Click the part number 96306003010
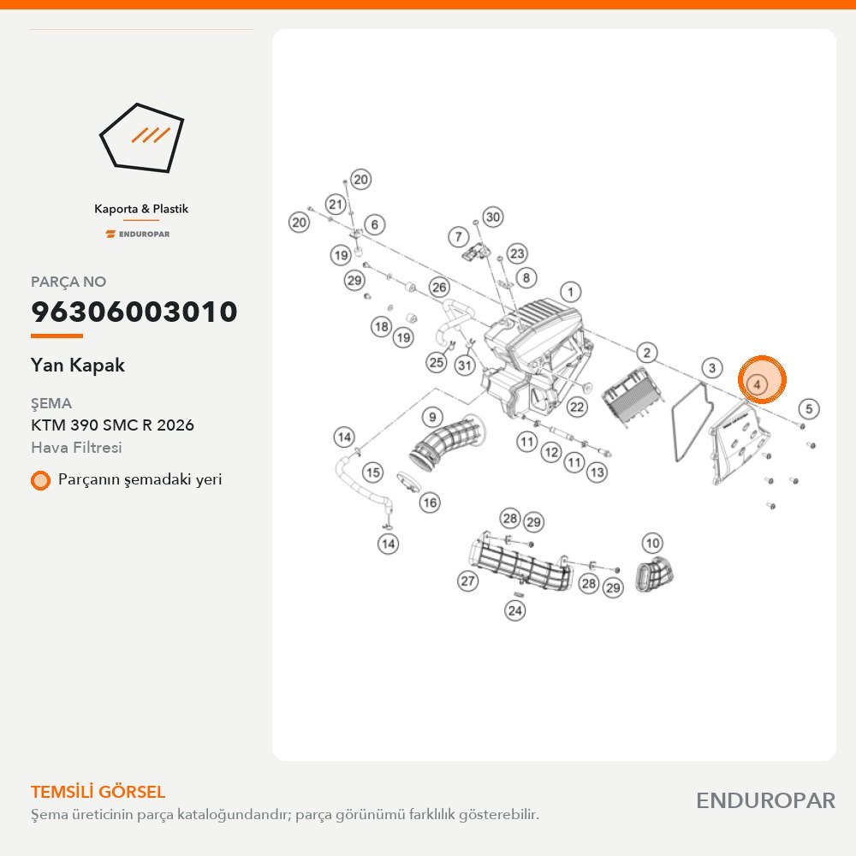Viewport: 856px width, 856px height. coord(134,312)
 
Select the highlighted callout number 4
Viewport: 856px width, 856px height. coord(758,384)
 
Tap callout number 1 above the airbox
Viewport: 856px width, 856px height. coord(570,292)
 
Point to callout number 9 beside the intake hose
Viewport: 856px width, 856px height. coord(432,418)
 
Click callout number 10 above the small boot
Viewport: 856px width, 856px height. coord(653,544)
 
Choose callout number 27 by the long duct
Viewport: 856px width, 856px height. coord(468,581)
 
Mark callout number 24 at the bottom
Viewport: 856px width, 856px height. coord(514,610)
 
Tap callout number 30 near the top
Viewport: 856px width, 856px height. coord(492,217)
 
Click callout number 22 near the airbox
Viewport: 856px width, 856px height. coord(577,407)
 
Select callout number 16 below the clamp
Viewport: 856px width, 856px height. coord(430,502)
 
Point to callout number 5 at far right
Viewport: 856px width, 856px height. coord(809,408)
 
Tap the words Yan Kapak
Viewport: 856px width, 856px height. coord(78,366)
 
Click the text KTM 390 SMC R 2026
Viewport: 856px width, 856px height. coord(112,425)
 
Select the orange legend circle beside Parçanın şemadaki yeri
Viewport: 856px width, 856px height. coord(40,480)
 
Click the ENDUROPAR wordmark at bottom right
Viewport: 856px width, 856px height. coord(765,801)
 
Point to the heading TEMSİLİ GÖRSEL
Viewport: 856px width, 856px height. coord(98,792)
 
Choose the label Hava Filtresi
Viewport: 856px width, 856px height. coord(76,448)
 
